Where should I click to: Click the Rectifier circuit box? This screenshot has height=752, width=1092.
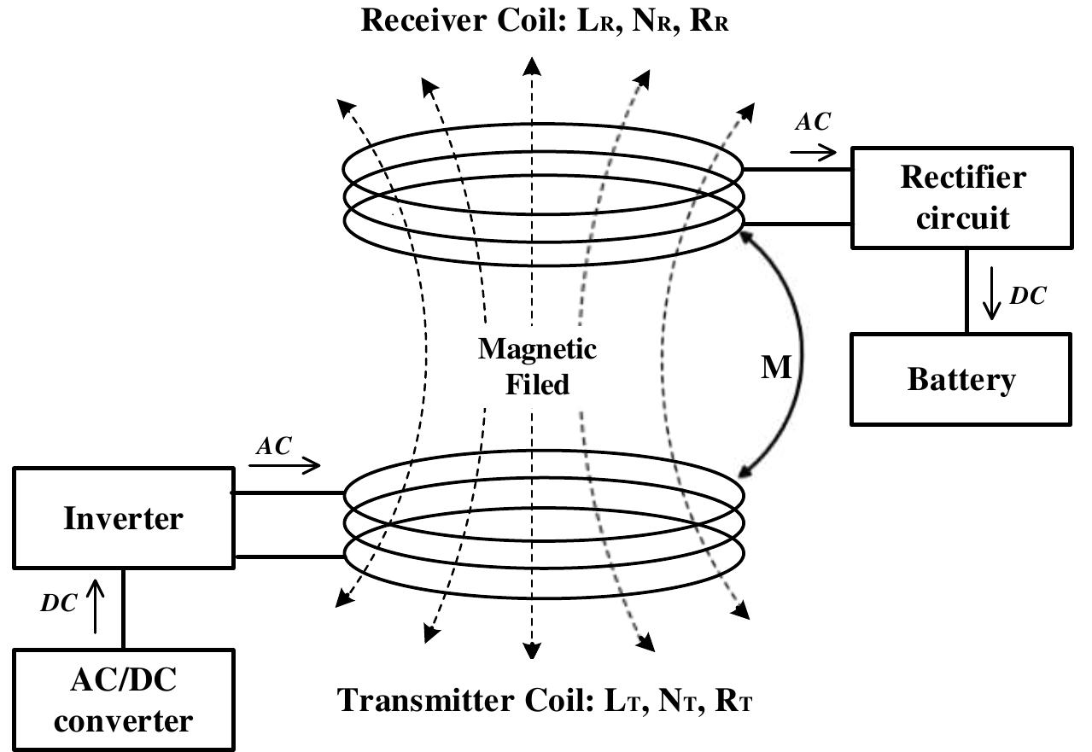coord(962,198)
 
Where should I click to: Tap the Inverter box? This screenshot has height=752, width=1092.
coord(123,518)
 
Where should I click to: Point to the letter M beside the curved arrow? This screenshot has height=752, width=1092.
coord(777,367)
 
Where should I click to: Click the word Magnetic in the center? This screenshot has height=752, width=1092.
coord(537,349)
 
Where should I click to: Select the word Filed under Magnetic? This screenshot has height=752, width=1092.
coord(537,384)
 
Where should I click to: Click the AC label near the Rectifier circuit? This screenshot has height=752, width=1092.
coord(812,122)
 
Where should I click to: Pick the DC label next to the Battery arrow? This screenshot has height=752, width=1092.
coord(1028,295)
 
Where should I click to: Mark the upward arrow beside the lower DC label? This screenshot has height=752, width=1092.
coord(95,607)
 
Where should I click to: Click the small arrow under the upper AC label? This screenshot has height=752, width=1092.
coord(813,153)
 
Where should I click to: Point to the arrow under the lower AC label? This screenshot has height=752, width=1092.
coord(284,465)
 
